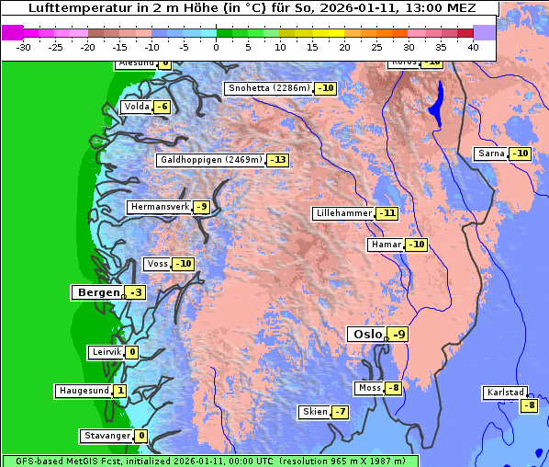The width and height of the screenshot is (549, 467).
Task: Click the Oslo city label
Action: (x=365, y=335)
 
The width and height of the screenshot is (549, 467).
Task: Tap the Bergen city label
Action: (x=96, y=292)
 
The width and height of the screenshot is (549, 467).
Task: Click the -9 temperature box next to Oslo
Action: (x=398, y=335)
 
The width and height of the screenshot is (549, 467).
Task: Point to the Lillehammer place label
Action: (x=343, y=213)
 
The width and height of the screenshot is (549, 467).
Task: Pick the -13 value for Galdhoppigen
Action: (x=278, y=160)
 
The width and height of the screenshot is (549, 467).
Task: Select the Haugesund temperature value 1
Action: (x=120, y=391)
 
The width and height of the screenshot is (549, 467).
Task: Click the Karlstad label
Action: (x=506, y=393)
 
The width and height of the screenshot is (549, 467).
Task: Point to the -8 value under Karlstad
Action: (x=528, y=405)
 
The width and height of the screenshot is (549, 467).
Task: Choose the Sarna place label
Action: (x=491, y=154)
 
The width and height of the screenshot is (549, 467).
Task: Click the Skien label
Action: (x=314, y=412)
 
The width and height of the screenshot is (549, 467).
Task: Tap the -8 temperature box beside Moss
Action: (x=393, y=388)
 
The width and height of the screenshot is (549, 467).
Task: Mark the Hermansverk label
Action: (x=159, y=207)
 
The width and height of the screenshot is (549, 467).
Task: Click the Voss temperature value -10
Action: (x=184, y=264)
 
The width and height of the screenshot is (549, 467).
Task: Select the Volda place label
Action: (x=136, y=107)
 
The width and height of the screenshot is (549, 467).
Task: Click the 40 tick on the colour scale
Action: (x=473, y=46)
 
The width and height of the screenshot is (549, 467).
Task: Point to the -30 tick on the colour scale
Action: (x=24, y=46)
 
